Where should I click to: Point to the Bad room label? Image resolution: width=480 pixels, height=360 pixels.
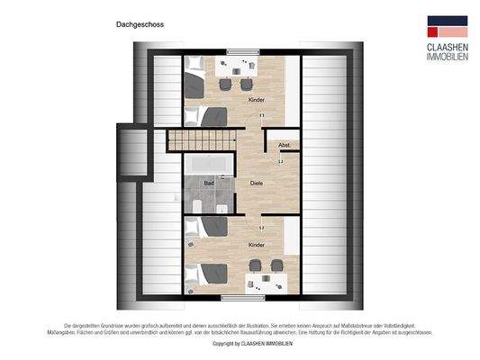209,183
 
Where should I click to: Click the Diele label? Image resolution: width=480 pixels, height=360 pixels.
257,183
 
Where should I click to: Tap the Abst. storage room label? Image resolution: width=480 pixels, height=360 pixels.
283,145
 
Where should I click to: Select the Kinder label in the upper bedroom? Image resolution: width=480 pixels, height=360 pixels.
257,99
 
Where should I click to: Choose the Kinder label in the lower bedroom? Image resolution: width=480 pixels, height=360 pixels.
257,244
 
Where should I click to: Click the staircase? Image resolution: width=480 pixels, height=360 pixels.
202,139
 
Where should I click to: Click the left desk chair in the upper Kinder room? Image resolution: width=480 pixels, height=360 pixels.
223,84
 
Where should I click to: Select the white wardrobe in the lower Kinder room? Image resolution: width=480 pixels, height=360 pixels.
289,238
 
